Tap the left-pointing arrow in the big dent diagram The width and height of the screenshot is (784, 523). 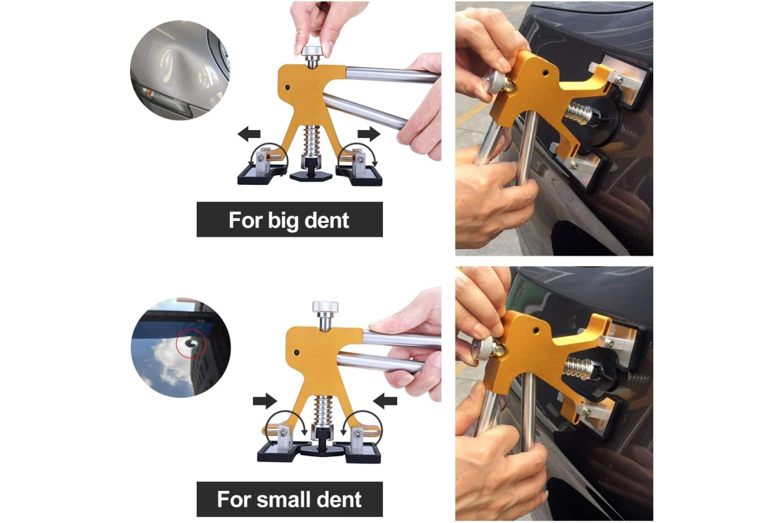pyautogui.click(x=249, y=134)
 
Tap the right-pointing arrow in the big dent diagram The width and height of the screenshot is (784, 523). pyautogui.click(x=369, y=134)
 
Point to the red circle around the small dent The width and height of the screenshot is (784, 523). pyautogui.click(x=190, y=343)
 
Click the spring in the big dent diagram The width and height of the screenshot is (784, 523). pyautogui.click(x=310, y=141)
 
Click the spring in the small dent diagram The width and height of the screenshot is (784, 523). pyautogui.click(x=323, y=411)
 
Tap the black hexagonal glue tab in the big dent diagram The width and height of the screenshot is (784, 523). pyautogui.click(x=310, y=177)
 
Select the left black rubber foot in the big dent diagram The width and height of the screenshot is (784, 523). pyautogui.click(x=261, y=175)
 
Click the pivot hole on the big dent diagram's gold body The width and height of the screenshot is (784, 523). pyautogui.click(x=287, y=87)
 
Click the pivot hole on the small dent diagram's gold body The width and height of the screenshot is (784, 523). pyautogui.click(x=297, y=353)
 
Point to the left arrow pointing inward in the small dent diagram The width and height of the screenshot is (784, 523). pyautogui.click(x=265, y=401)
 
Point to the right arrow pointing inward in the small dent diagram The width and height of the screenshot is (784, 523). pyautogui.click(x=385, y=401)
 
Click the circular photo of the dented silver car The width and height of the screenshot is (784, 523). pyautogui.click(x=180, y=70)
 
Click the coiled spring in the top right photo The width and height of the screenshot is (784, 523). pyautogui.click(x=578, y=113)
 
